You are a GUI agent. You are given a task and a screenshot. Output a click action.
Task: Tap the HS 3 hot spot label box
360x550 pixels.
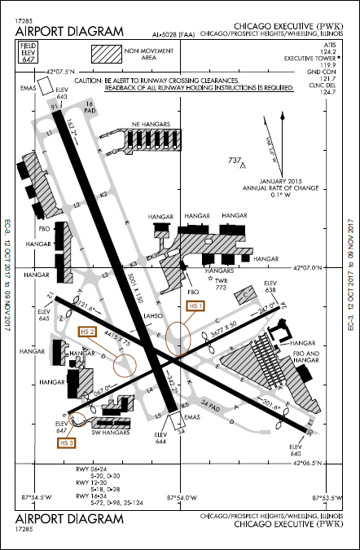[x=68, y=442]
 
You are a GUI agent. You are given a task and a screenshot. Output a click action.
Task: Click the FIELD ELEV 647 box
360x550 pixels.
[x=29, y=55]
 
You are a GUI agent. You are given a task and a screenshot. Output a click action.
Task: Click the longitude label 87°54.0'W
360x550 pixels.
[x=180, y=497]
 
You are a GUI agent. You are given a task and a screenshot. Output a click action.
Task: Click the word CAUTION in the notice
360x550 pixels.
[x=91, y=82]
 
